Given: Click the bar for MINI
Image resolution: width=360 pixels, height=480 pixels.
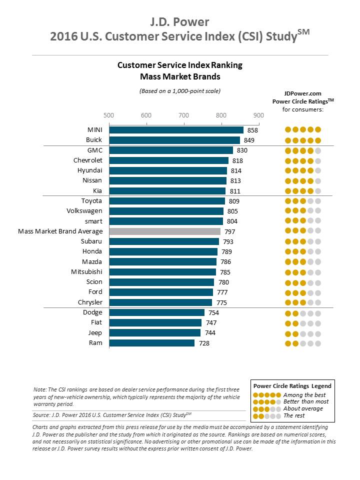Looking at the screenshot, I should coord(176,130).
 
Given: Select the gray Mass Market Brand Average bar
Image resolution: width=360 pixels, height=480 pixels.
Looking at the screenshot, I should coord(165,231).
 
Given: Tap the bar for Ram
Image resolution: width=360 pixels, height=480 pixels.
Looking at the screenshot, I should coord(151,343).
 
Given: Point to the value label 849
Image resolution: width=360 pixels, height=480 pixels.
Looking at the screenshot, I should coord(248,140).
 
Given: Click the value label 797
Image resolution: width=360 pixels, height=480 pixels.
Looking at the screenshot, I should coord(229,231).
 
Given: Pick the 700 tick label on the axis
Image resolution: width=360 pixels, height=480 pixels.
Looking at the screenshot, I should coord(183,115).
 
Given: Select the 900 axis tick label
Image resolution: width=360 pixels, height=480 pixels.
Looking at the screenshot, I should coord(258,115).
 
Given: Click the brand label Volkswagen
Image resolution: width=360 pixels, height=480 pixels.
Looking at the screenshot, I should coord(84,211).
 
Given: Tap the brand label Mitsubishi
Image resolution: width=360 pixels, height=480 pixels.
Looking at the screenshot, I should coord(87,272).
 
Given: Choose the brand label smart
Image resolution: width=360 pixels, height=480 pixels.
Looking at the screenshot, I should coord(93,221).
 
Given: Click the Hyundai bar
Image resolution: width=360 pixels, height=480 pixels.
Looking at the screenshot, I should coord(168,170).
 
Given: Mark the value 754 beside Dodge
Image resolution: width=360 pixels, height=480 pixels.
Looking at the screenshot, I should coord(213,312).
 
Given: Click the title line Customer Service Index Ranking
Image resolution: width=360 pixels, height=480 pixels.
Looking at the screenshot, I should coord(179,65).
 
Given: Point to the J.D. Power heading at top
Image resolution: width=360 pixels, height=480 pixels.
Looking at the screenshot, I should coord(179,22).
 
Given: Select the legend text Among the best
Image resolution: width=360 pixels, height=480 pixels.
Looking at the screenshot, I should coord(303,394).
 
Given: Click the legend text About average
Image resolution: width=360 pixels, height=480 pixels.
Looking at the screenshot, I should coord(303,408).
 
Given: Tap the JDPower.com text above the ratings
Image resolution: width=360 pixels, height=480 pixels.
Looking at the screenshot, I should coord(302,93).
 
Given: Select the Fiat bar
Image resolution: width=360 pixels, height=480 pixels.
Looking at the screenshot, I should coord(155,322).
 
